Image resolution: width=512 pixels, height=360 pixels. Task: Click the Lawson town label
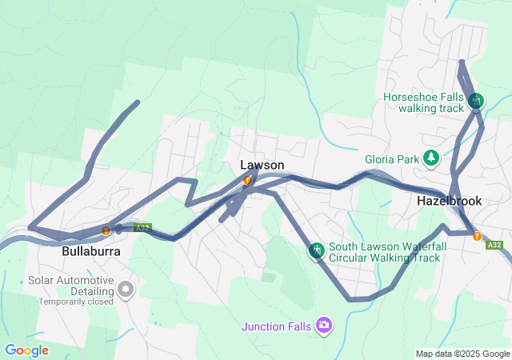[262, 165]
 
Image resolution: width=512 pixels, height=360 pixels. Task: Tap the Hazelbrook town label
[449, 201]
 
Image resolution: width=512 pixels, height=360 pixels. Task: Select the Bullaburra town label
[91, 250]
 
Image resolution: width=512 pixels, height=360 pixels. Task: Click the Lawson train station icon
[247, 180]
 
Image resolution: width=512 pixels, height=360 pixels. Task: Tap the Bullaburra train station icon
[106, 231]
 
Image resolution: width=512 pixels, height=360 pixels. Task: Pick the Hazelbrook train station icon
[477, 236]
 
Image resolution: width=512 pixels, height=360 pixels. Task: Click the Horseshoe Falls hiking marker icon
[477, 101]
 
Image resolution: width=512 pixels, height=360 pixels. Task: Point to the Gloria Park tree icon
[432, 158]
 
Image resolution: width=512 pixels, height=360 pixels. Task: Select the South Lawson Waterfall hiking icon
[317, 251]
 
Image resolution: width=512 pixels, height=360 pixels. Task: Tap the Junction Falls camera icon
[324, 325]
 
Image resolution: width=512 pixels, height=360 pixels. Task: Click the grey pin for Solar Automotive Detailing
[125, 289]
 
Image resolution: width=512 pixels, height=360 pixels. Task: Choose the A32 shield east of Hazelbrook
[495, 246]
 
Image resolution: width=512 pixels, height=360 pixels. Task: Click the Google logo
[26, 350]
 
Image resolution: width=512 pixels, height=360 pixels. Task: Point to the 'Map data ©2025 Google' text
[462, 354]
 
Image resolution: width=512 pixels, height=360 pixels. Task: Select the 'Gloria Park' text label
[392, 158]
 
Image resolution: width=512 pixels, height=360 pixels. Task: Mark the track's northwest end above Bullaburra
[138, 102]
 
